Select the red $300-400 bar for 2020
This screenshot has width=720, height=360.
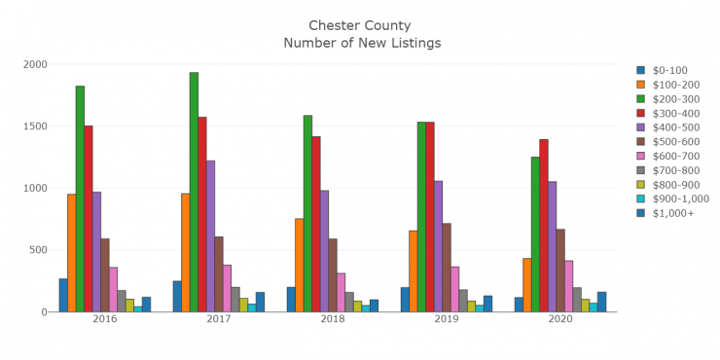[x=544, y=225]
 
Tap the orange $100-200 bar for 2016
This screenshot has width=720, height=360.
[x=71, y=253]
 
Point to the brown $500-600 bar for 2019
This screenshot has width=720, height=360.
[x=447, y=268]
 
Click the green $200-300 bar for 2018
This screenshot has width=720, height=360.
[x=307, y=213]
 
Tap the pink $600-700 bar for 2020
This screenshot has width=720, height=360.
[x=568, y=286]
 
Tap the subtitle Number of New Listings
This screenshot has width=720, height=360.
[x=361, y=43]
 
